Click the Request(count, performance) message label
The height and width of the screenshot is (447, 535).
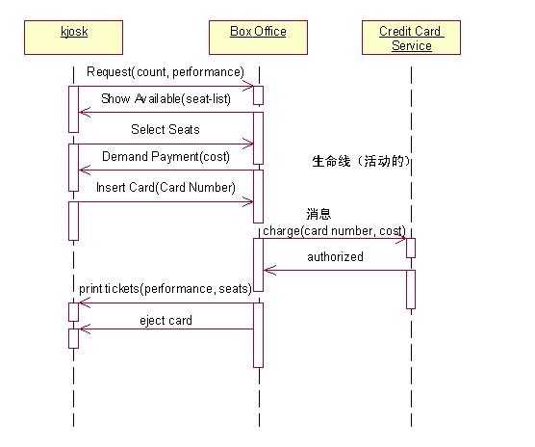[166, 72]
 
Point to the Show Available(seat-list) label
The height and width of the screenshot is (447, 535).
[166, 100]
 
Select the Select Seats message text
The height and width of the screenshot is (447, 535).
[166, 129]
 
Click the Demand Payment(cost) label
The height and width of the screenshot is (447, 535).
[166, 157]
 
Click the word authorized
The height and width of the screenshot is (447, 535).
[335, 257]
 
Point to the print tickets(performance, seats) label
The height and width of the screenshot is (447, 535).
[166, 288]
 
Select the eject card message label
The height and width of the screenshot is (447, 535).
[166, 320]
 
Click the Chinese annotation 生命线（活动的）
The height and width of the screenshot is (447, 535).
[362, 162]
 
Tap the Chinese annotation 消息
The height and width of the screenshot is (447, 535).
[318, 214]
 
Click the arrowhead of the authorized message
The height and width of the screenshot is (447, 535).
[268, 270]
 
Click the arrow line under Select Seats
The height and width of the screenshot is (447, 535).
[166, 143]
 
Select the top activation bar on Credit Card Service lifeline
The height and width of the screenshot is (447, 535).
[411, 248]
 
